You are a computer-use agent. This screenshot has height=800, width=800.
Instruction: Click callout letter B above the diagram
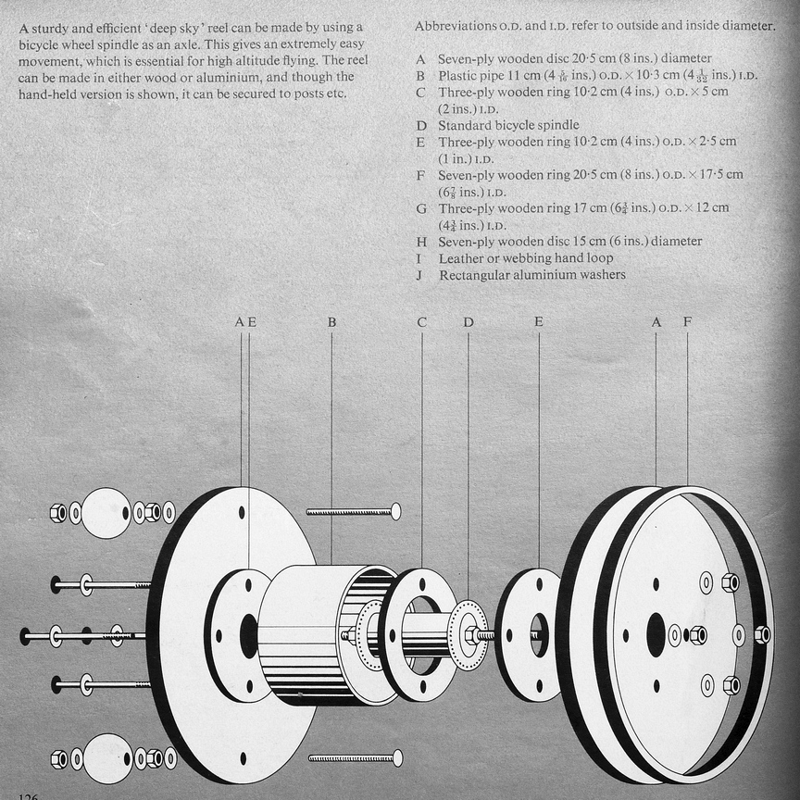(331, 322)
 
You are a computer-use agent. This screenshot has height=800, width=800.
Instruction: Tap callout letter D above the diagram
(469, 322)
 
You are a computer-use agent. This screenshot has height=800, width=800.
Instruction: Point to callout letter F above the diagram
(687, 322)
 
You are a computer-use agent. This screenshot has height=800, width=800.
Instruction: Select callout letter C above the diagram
(422, 322)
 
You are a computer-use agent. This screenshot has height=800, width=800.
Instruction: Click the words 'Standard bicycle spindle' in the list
(508, 125)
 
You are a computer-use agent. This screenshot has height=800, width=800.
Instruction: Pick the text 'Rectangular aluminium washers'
(531, 275)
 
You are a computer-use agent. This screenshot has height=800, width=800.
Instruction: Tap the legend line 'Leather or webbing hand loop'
(525, 258)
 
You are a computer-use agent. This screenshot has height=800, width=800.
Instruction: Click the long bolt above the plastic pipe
(353, 511)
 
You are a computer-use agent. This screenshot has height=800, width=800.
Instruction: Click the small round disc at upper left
(106, 513)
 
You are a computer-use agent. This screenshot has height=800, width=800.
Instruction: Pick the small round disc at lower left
(106, 758)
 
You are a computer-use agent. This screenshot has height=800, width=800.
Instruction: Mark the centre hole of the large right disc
(656, 635)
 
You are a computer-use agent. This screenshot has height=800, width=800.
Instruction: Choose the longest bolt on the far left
(83, 636)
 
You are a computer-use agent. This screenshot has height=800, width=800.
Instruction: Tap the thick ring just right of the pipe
(419, 635)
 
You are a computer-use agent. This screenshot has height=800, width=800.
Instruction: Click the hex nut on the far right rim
(762, 634)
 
